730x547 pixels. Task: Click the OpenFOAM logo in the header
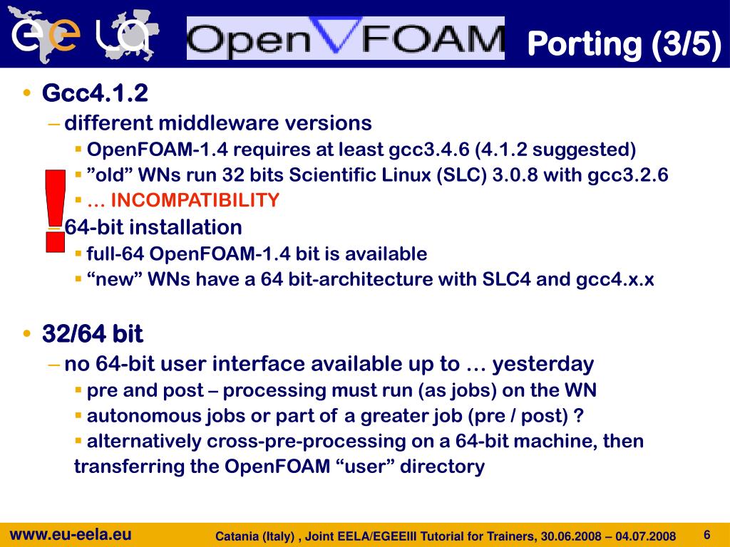pyautogui.click(x=345, y=38)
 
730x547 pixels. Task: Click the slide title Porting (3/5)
pyautogui.click(x=624, y=43)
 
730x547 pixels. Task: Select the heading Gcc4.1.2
pyautogui.click(x=95, y=93)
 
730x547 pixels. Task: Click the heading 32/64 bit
pyautogui.click(x=93, y=333)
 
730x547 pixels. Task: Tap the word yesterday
pyautogui.click(x=543, y=364)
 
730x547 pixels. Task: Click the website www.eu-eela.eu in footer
pyautogui.click(x=70, y=534)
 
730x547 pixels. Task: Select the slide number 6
pyautogui.click(x=707, y=535)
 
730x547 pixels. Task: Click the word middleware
pyautogui.click(x=218, y=123)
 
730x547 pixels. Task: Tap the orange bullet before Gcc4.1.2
pyautogui.click(x=27, y=93)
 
